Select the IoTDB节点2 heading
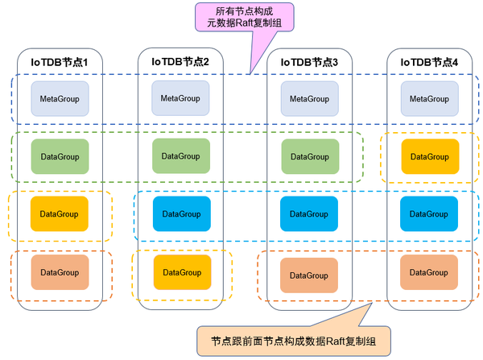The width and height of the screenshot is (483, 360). click(x=180, y=61)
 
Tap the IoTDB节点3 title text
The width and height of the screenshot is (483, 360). click(x=309, y=62)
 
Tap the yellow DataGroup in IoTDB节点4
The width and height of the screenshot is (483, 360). click(x=429, y=156)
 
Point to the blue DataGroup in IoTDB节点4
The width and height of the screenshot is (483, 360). click(x=429, y=214)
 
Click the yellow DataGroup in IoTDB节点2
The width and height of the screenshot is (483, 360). click(x=181, y=272)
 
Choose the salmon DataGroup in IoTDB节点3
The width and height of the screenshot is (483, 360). click(x=309, y=275)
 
